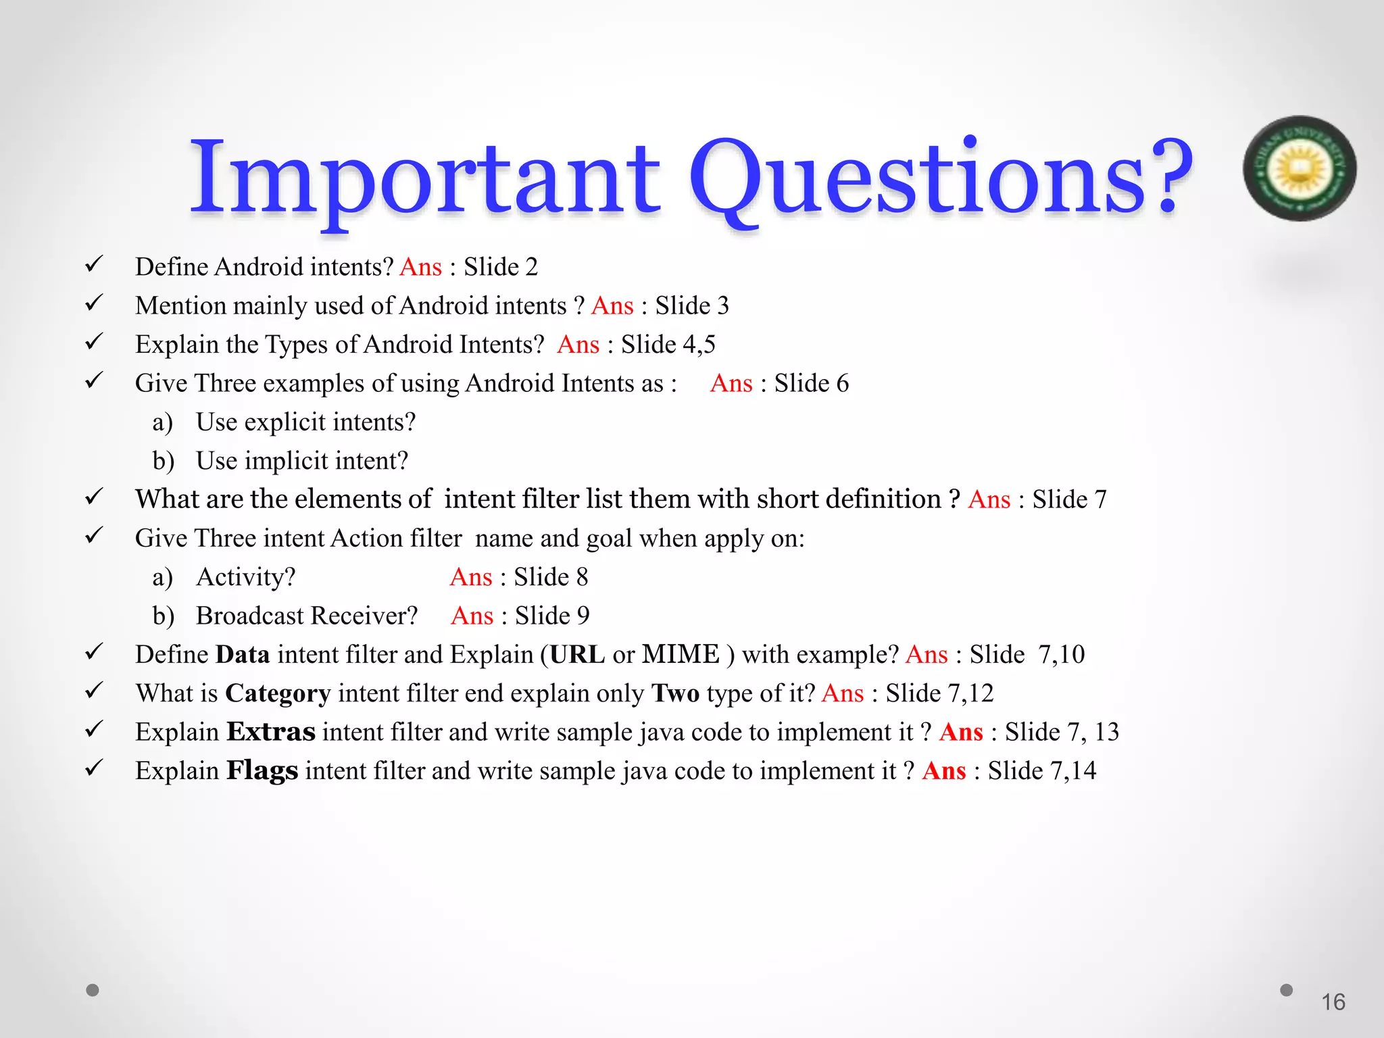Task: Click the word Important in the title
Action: pos(424,177)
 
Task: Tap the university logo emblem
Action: pos(1300,168)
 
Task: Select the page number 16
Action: pos(1333,1002)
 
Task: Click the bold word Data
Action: pos(243,655)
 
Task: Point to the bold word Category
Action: pos(278,694)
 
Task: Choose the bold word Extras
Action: pos(270,733)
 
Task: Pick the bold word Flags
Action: pos(262,771)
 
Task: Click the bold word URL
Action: pos(577,655)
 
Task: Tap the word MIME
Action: pos(681,655)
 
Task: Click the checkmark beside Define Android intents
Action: pos(94,264)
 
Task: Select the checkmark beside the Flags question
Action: pos(94,768)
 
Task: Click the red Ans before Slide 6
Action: pos(731,384)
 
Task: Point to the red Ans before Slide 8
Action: pos(471,578)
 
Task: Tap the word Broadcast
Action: pos(250,616)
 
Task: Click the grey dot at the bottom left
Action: pos(93,990)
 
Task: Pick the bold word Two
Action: pos(675,694)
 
